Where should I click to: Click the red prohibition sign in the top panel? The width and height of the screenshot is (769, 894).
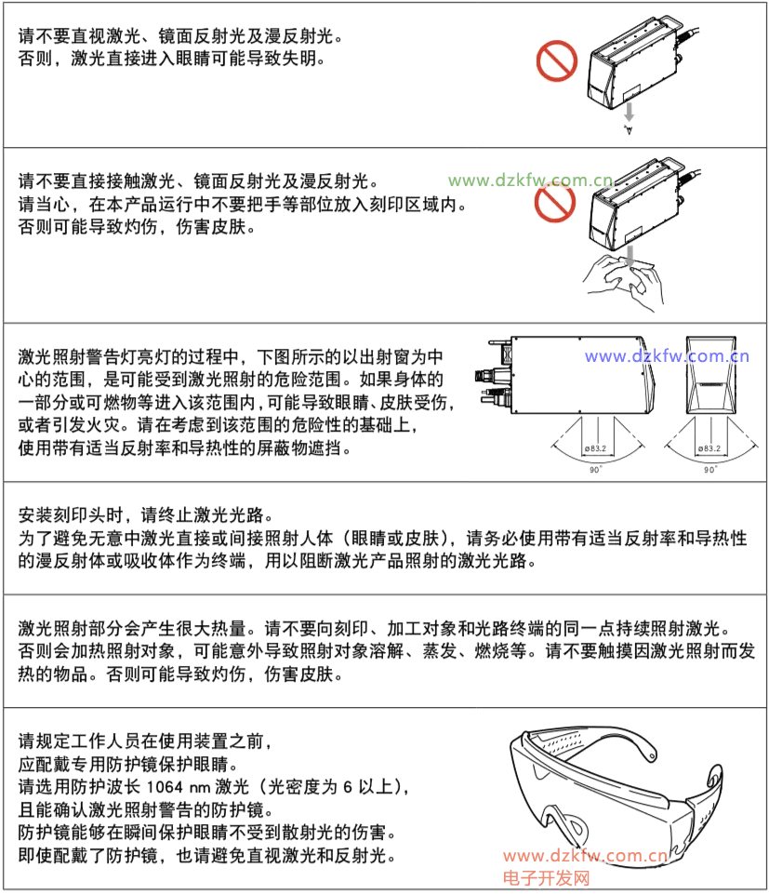(557, 61)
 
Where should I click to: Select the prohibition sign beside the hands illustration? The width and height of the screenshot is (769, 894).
(555, 202)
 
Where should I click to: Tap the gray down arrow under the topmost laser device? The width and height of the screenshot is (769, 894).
(629, 112)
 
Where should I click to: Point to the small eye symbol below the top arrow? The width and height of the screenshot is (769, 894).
(629, 129)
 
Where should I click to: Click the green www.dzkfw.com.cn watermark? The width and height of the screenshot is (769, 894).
(530, 180)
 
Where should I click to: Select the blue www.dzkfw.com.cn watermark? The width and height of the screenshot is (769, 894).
(667, 356)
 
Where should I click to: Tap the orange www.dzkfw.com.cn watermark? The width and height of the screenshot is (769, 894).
(586, 856)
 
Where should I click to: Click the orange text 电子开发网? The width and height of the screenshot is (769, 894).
(546, 878)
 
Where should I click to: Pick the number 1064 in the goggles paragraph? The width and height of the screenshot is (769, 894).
(165, 787)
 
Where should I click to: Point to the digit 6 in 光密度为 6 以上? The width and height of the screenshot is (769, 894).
(347, 787)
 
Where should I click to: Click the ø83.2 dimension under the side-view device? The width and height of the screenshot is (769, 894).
(596, 448)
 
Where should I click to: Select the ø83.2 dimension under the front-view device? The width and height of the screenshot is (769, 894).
(709, 448)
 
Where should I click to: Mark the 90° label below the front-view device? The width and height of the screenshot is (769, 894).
(710, 470)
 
